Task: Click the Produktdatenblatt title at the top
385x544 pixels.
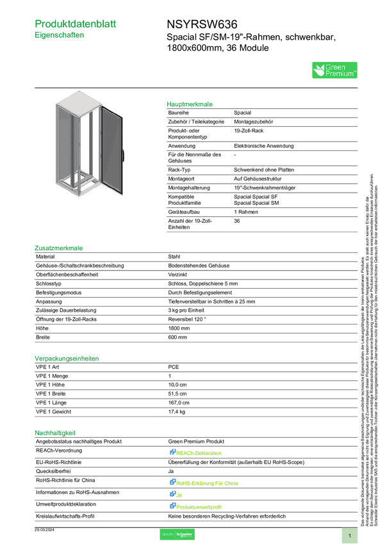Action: (76, 24)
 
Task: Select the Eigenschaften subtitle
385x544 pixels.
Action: (60, 36)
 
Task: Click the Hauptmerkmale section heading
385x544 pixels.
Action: (190, 104)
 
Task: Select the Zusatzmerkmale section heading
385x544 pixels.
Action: (59, 248)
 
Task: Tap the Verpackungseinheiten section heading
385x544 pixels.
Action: (66, 359)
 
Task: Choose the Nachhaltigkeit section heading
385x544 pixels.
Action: (56, 433)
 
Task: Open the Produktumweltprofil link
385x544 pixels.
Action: (199, 506)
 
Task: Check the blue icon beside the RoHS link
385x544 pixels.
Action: (172, 482)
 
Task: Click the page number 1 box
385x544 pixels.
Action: (350, 535)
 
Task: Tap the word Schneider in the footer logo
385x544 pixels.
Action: (184, 534)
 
